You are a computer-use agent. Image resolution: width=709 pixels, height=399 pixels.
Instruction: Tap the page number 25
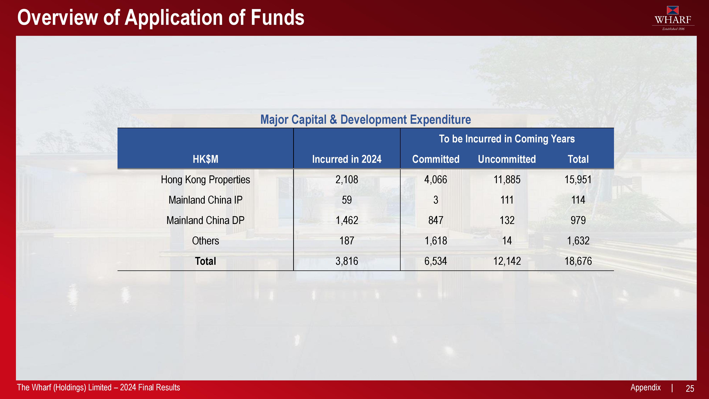pos(690,389)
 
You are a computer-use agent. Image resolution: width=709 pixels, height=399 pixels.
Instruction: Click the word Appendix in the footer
pos(645,387)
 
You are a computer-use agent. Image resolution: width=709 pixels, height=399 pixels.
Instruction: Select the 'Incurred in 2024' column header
pos(347,159)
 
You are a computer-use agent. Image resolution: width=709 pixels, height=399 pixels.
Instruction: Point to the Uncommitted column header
pos(507,159)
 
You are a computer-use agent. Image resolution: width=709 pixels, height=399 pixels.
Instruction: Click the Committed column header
pos(436,159)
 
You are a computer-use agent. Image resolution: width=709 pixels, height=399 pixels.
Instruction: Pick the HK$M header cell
pos(205,159)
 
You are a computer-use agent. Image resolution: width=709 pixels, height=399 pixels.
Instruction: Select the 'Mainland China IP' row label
pos(205,200)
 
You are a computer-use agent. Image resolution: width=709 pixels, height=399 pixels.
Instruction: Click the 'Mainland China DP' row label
pos(205,220)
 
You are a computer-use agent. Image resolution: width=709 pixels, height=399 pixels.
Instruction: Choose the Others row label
pos(205,241)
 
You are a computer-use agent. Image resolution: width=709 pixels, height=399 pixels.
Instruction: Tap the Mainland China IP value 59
pos(347,200)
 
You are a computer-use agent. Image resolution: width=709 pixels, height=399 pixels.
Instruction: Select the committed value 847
pos(436,220)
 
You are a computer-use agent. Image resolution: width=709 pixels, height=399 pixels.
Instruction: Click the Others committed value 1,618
pos(436,241)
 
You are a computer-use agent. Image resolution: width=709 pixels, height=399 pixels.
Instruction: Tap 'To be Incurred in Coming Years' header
pos(507,139)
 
